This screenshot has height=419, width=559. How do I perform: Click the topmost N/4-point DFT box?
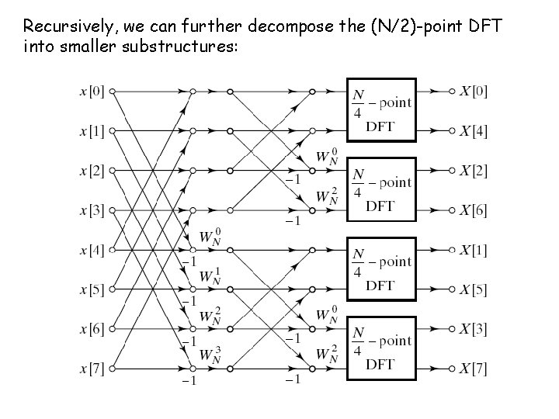click(381, 110)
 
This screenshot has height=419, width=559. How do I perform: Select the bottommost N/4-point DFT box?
click(381, 348)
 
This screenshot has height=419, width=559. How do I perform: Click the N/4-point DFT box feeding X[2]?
click(381, 190)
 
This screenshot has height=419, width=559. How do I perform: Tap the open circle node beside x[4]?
click(113, 250)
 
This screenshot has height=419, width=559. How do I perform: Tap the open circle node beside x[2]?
click(113, 171)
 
